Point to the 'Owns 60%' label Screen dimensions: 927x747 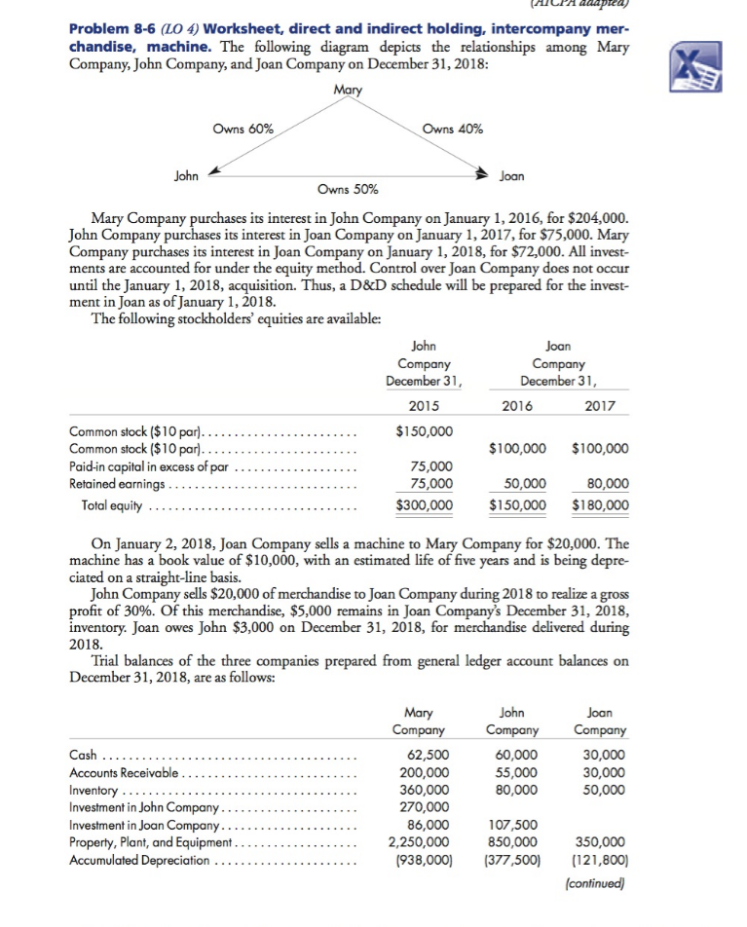tap(243, 129)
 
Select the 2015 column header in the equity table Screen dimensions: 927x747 tap(425, 404)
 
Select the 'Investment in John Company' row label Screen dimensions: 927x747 tap(146, 807)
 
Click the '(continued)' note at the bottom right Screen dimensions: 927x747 tap(594, 884)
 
